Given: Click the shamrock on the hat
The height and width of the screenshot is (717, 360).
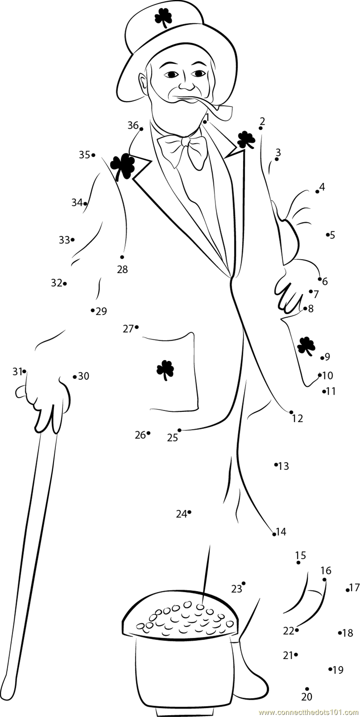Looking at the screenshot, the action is pos(163,18).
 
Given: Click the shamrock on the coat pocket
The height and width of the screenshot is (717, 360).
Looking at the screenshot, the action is pos(165,370).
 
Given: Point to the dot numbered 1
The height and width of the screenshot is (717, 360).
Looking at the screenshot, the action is pos(205,122).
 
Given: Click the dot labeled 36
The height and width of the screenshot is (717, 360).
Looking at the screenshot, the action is pos(141,129).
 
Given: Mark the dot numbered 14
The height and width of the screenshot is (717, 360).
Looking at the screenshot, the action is pos(274,534).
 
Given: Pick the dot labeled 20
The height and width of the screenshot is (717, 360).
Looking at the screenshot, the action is pos(307,689).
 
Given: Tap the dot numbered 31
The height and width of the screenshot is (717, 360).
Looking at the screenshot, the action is pos(24,371).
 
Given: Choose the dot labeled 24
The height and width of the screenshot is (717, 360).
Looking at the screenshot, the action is pos(189,512).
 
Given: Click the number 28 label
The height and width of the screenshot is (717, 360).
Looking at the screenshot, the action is pos(122,270).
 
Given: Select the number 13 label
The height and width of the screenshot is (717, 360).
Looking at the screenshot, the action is pos(283,466).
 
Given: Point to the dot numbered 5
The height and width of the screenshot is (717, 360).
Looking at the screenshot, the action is pos(328,234).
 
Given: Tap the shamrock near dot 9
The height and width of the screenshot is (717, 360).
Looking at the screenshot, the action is pos(306,346).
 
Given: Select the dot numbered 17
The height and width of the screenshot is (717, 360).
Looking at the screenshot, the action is pos(347,590).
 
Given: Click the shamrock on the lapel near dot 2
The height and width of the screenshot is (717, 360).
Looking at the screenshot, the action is pos(246,140).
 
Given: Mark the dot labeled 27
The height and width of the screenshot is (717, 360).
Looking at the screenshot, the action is pos(136,327).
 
